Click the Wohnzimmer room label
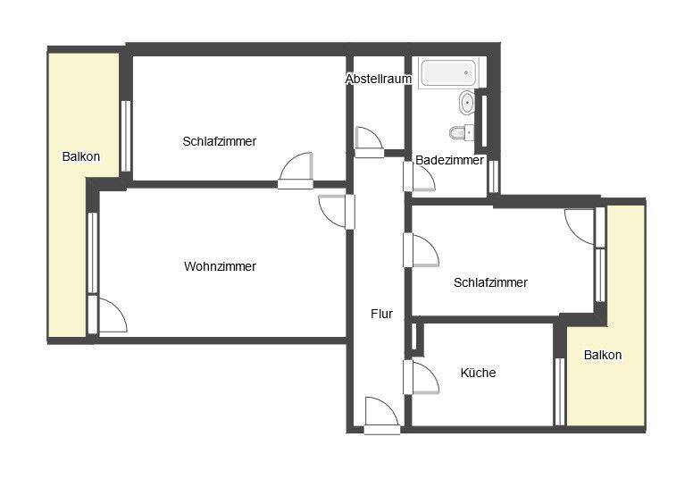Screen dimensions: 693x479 click(220, 266)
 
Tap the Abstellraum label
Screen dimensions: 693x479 click(379, 79)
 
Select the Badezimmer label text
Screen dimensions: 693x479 click(449, 160)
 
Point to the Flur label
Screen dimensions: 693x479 click(382, 314)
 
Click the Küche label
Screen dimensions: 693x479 click(478, 373)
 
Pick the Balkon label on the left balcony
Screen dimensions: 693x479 click(81, 156)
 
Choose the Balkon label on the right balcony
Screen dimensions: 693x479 click(603, 355)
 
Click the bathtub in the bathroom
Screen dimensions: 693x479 click(448, 73)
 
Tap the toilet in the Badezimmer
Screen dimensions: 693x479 click(462, 132)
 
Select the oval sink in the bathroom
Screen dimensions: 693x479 click(467, 104)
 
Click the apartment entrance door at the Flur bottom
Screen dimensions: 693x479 click(382, 416)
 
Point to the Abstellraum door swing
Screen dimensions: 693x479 click(369, 141)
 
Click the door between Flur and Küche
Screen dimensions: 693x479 click(421, 376)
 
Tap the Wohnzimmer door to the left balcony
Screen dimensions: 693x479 click(107, 315)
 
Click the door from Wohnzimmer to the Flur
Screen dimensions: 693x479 click(337, 212)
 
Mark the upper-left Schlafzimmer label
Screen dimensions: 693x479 click(220, 141)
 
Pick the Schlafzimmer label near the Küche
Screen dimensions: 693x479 click(490, 282)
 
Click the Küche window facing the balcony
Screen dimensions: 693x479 click(560, 391)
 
